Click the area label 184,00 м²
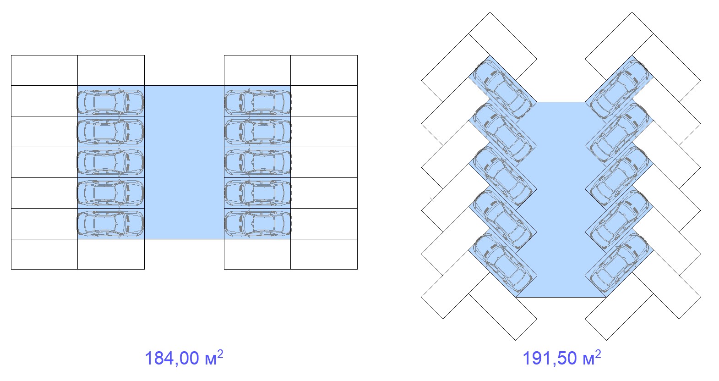coord(184,358)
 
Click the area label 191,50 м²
coord(562,358)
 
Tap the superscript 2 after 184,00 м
coord(220,353)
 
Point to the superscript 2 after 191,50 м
coord(598,353)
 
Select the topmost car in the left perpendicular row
coord(110,103)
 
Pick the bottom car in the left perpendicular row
coord(110,224)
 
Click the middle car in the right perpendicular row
coord(258,163)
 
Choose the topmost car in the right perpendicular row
coord(258,103)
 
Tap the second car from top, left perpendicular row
coord(110,132)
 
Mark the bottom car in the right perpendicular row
coord(258,224)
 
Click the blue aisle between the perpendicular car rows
coord(184,162)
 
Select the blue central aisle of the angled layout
coord(561,199)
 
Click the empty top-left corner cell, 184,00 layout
coord(44,70)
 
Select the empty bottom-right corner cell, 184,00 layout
coord(324,254)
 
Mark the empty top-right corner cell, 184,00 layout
coord(324,70)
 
